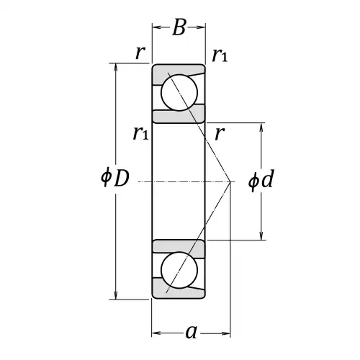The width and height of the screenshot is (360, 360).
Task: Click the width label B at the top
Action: coord(179,27)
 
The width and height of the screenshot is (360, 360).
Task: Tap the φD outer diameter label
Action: coord(115,178)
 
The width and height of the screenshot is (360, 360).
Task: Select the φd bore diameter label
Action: coord(261,180)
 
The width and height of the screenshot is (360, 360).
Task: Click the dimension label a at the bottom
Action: coord(192,333)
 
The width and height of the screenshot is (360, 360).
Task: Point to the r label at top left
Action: coord(140,53)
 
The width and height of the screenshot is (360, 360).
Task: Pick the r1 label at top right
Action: coord(220,55)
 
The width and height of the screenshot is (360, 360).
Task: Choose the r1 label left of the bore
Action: coord(141,133)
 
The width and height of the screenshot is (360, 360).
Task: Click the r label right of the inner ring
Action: coord(220,133)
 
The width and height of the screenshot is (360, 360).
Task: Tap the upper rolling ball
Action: coord(179,93)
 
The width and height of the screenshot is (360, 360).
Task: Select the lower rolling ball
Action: coord(179,270)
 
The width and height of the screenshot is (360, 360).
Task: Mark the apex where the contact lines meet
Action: coord(230,181)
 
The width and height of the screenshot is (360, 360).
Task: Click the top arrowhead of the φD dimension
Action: coord(116,67)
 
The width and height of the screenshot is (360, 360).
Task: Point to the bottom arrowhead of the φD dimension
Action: coord(116,295)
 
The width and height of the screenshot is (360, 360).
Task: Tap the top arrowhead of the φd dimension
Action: coord(261,127)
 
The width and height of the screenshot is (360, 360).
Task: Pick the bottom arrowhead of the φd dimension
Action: coord(261,235)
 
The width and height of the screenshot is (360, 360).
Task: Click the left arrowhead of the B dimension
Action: coord(156,27)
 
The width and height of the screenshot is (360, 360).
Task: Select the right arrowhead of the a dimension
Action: coord(226,333)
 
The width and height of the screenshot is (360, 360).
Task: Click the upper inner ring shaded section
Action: coord(179,114)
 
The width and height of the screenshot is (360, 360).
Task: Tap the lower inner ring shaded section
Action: coord(179,249)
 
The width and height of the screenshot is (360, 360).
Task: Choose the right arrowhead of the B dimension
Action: coord(201,27)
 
